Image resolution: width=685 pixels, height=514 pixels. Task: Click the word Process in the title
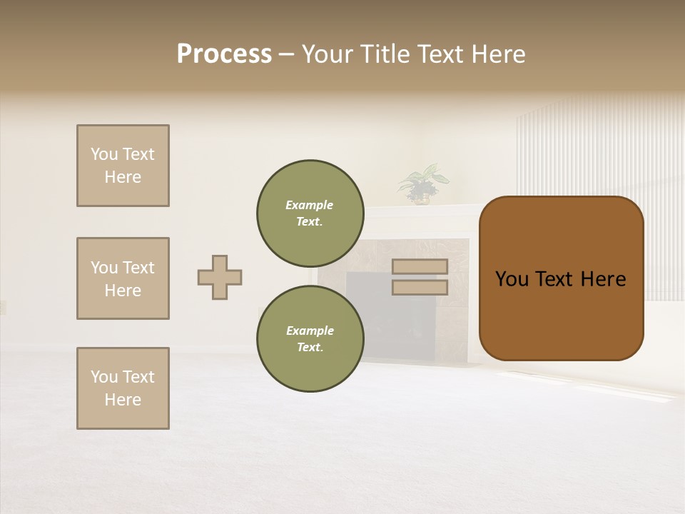coord(224,54)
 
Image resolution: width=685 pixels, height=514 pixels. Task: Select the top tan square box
coord(123,166)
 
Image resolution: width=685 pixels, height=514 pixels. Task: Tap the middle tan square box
coord(123,278)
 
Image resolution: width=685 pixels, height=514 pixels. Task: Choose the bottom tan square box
coord(123,388)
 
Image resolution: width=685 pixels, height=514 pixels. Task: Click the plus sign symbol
coord(220,277)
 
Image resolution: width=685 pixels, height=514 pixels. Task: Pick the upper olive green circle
coord(310,213)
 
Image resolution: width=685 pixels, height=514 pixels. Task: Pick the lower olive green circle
coord(310,338)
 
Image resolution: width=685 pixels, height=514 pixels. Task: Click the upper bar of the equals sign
coord(420,266)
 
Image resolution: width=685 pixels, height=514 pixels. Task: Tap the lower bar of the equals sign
coord(420,287)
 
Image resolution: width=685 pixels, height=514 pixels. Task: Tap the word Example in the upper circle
coord(310,205)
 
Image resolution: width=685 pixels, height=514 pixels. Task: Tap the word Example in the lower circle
coord(310,331)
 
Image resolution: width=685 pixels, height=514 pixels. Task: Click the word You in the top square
coord(104,154)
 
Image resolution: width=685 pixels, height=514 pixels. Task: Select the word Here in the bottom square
coord(123,400)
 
